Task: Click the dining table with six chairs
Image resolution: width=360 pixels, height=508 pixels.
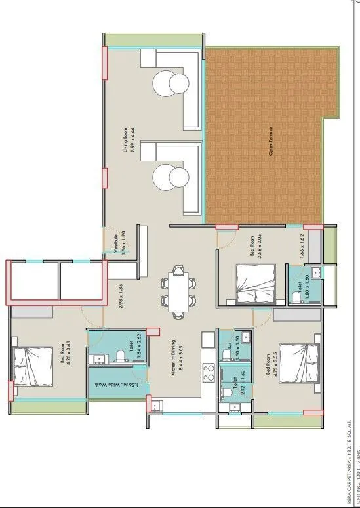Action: pos(177,291)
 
